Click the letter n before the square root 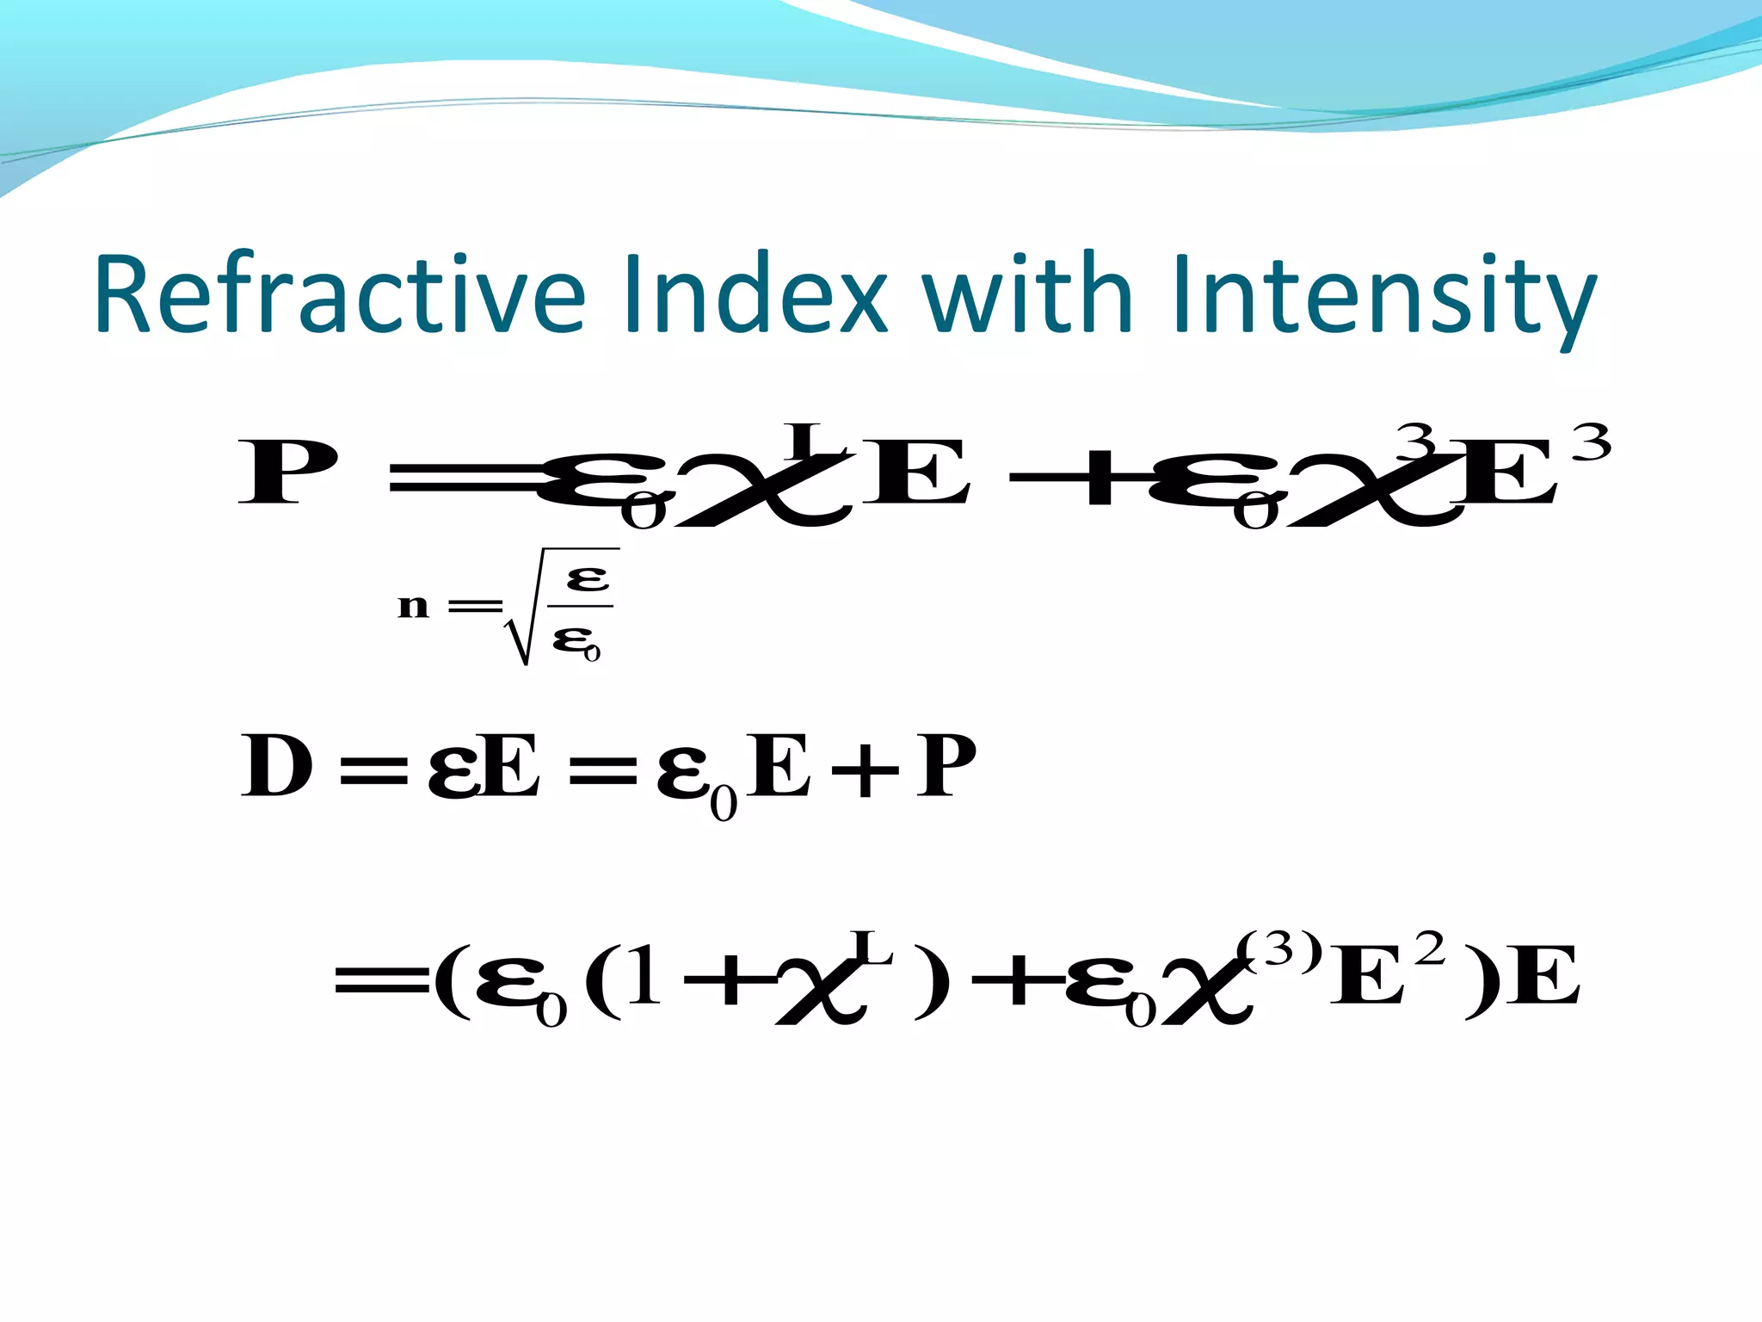(x=413, y=607)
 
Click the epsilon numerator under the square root (x=588, y=578)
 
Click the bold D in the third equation (x=276, y=766)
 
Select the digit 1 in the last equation (x=643, y=980)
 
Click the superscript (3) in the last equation (x=1279, y=949)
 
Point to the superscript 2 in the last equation (x=1430, y=950)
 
